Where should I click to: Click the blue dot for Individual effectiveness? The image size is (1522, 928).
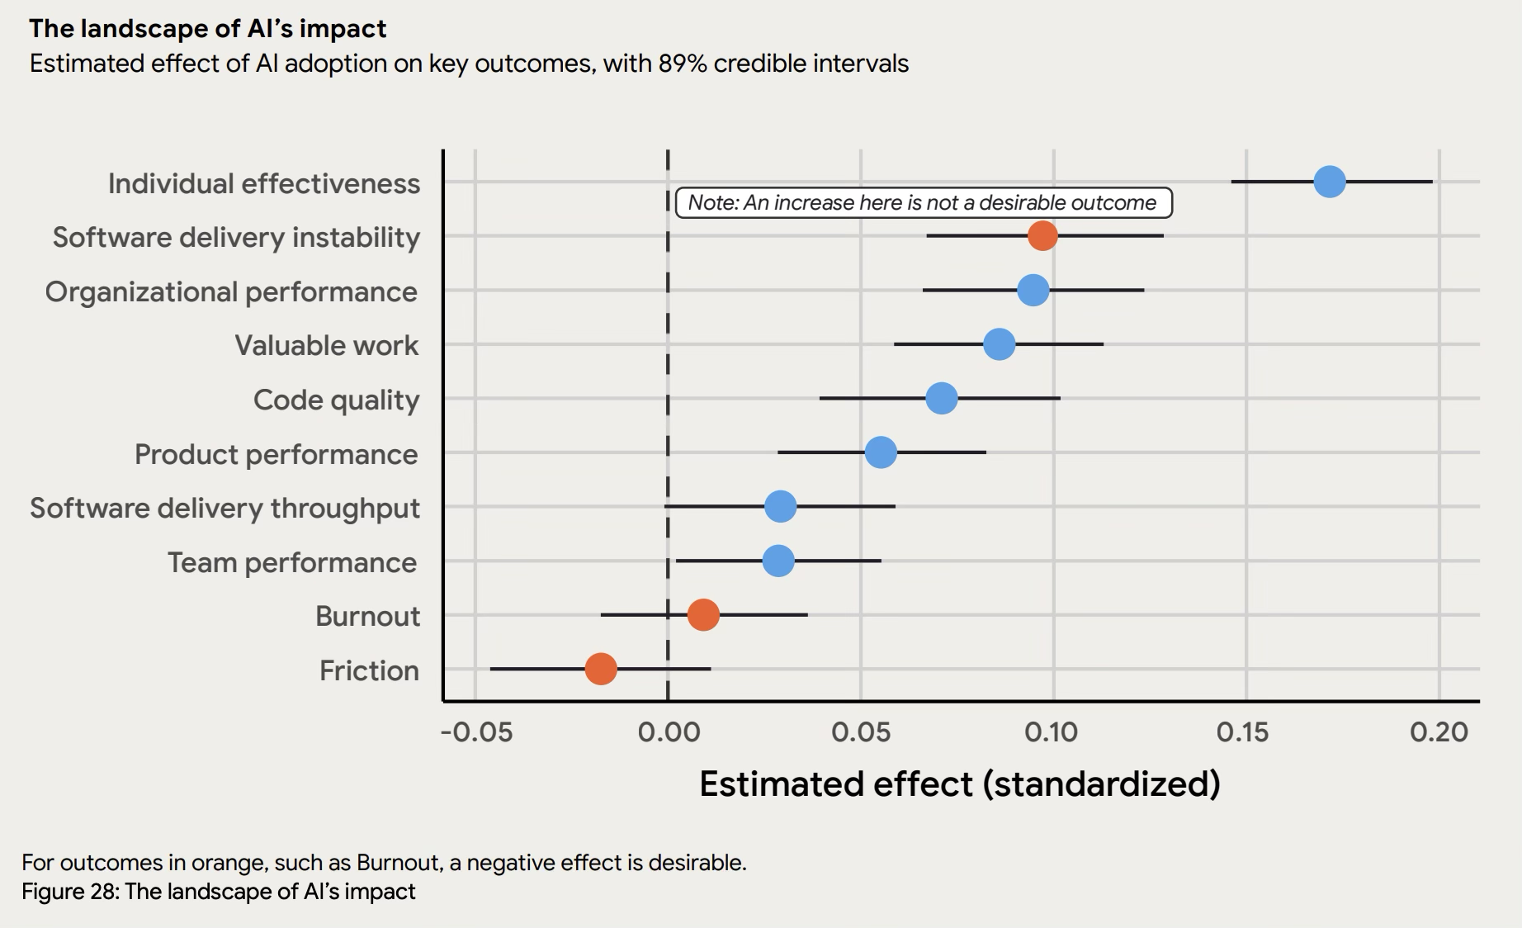[1329, 182]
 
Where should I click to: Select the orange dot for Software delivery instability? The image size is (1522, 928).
[1042, 235]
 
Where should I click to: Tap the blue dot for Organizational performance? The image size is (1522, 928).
[1033, 291]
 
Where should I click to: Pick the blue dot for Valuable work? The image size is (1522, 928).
[999, 344]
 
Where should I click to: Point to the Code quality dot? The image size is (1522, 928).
[941, 398]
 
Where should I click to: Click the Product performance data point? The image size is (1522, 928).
[881, 452]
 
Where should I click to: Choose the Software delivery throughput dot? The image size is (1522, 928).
[780, 506]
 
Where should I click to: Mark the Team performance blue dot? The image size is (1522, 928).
[778, 561]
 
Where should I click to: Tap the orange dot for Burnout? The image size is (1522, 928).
[702, 615]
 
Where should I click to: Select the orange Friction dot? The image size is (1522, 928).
[600, 669]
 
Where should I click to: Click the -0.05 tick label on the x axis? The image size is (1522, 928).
[476, 732]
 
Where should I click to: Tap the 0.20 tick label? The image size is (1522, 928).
[1439, 732]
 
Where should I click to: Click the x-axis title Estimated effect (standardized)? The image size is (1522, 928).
[959, 784]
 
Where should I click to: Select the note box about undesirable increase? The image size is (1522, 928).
[923, 203]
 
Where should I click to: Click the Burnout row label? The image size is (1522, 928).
[367, 617]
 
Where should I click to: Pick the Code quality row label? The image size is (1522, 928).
[336, 400]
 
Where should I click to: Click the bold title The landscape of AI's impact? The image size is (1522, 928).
[207, 29]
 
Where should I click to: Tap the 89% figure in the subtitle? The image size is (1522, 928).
[682, 64]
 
